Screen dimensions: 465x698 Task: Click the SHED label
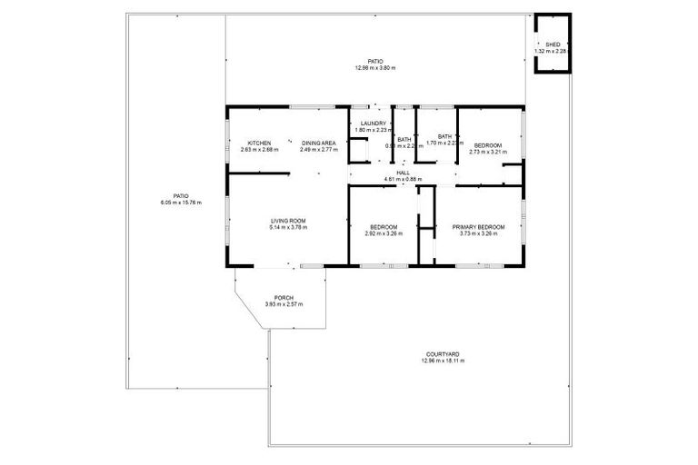[x=553, y=45]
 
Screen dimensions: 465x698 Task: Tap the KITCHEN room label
[x=260, y=143]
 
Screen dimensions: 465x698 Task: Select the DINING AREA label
[x=319, y=143]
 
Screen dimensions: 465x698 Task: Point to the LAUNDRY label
[x=374, y=124]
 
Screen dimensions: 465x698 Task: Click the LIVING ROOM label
[x=287, y=221]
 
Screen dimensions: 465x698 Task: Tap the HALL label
[x=404, y=173]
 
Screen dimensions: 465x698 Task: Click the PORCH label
[x=284, y=298]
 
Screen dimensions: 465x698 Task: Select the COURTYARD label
[x=443, y=354]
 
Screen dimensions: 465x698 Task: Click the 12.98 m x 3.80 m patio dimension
[x=375, y=69]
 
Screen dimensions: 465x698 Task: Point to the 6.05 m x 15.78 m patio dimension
[x=181, y=202]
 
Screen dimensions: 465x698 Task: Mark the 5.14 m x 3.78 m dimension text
[x=287, y=227]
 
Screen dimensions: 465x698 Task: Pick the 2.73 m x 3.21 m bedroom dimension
[x=488, y=152]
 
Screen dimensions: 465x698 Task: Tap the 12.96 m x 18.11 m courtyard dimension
[x=443, y=361]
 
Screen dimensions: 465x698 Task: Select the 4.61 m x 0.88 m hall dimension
[x=404, y=179]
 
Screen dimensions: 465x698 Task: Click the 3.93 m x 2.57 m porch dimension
[x=284, y=304]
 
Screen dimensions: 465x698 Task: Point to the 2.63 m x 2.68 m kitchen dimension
[x=260, y=150]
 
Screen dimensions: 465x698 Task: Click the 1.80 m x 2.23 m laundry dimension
[x=374, y=130]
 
